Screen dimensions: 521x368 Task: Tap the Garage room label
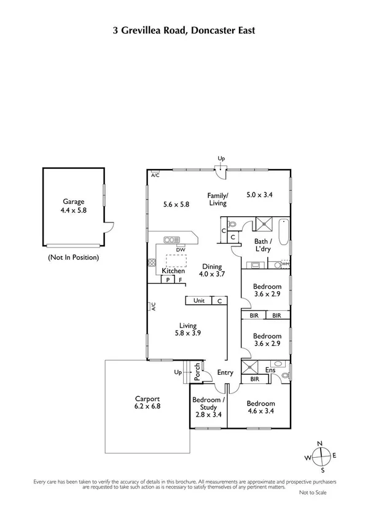pos(73,201)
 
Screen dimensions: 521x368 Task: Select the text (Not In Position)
pos(73,257)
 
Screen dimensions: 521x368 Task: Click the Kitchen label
pos(173,271)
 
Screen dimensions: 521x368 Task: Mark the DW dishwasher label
pos(180,249)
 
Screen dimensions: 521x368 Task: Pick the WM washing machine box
pos(285,264)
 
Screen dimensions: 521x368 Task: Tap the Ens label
pos(270,370)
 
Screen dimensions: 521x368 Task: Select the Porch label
pos(197,372)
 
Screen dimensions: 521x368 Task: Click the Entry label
pos(225,373)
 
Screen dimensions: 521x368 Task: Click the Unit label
pos(199,301)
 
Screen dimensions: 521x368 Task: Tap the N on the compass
pos(319,444)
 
